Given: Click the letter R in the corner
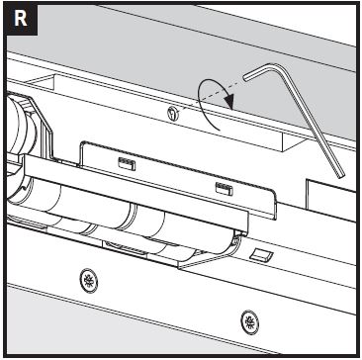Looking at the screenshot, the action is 20,20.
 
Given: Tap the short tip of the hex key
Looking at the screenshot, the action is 244,77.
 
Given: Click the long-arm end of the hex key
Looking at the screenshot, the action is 340,175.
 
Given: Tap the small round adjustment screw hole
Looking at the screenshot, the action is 174,114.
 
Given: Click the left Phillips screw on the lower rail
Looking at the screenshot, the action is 89,280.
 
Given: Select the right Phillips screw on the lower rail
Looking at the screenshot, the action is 249,321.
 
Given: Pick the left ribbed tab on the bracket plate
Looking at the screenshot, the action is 127,163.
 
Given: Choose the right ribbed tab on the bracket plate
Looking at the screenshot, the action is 225,189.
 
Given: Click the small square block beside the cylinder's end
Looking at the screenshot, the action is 261,255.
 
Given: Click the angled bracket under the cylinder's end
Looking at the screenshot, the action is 208,256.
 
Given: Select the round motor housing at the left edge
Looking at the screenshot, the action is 21,129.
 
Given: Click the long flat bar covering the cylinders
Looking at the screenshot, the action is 136,192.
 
